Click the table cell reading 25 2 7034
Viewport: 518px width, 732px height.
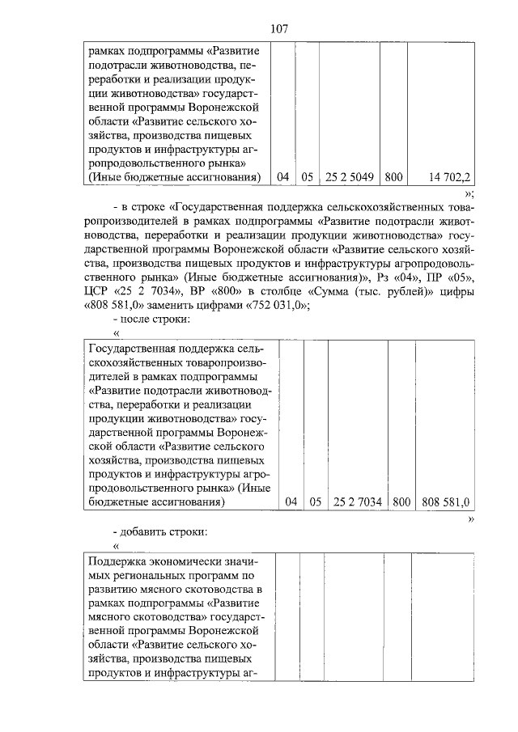pyautogui.click(x=357, y=501)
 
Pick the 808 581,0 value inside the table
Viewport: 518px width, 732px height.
pyautogui.click(x=444, y=501)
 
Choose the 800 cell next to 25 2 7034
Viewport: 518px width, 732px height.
pyautogui.click(x=401, y=501)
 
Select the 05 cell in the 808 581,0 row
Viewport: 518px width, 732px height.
pyautogui.click(x=316, y=501)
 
